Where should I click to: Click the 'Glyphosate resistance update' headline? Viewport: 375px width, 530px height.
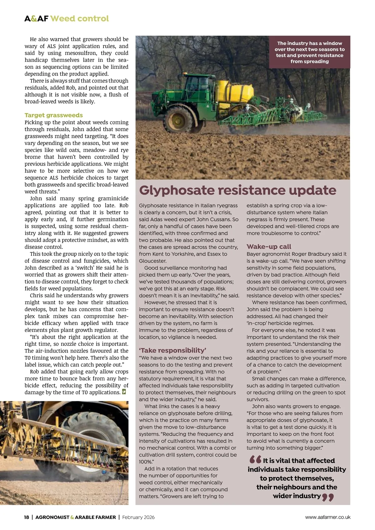[x=237, y=190]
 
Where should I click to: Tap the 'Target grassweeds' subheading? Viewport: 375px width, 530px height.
[x=54, y=115]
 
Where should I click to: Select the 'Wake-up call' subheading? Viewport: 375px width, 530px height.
[x=269, y=247]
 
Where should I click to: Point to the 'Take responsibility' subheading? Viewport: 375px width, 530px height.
[x=172, y=350]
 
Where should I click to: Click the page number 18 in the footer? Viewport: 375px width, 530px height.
[x=27, y=517]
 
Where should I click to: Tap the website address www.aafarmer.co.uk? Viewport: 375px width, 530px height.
[x=327, y=517]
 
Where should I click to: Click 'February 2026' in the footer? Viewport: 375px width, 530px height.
[x=138, y=517]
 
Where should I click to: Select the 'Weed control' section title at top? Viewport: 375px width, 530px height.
[x=79, y=19]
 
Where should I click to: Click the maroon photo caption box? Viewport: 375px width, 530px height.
[x=309, y=52]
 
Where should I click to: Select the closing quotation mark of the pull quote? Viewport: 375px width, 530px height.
[x=328, y=497]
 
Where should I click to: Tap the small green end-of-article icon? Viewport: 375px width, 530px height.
[x=124, y=392]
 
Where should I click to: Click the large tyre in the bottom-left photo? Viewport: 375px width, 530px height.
[x=91, y=444]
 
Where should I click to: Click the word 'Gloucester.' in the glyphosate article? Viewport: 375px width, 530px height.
[x=153, y=261]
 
